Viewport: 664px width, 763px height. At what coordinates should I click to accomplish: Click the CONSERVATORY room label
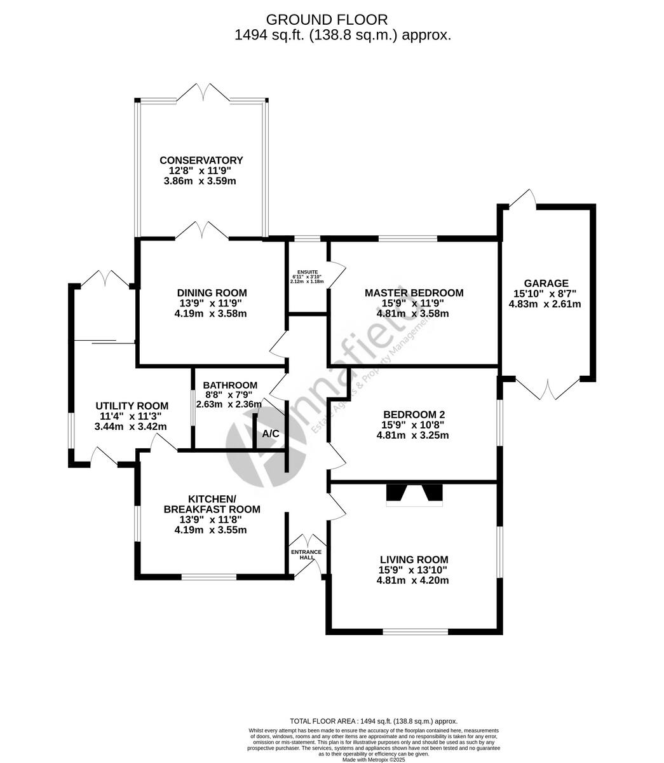click(x=201, y=160)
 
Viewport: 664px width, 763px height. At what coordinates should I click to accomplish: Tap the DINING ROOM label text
click(x=212, y=292)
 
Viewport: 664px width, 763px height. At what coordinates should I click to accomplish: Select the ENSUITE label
click(x=307, y=272)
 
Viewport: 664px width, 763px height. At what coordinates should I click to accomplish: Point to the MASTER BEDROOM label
click(x=414, y=292)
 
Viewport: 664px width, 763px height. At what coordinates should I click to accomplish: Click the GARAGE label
click(x=546, y=283)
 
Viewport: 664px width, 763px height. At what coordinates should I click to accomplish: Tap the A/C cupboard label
click(x=271, y=434)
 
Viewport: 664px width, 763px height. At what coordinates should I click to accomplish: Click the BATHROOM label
click(x=230, y=385)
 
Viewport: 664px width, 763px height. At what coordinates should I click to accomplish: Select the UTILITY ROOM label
click(x=132, y=406)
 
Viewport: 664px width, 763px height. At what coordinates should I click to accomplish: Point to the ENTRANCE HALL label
click(x=307, y=554)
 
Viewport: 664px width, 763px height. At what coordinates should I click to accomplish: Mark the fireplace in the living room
click(x=414, y=495)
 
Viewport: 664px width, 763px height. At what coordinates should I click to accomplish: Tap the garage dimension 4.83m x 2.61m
click(x=545, y=304)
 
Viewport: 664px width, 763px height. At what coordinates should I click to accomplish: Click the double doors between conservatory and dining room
click(x=202, y=231)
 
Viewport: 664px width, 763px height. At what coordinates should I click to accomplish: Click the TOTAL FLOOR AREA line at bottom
click(x=374, y=721)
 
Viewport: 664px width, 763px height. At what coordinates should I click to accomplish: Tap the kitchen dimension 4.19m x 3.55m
click(x=211, y=530)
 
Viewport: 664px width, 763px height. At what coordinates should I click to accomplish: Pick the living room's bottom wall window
click(x=415, y=632)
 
